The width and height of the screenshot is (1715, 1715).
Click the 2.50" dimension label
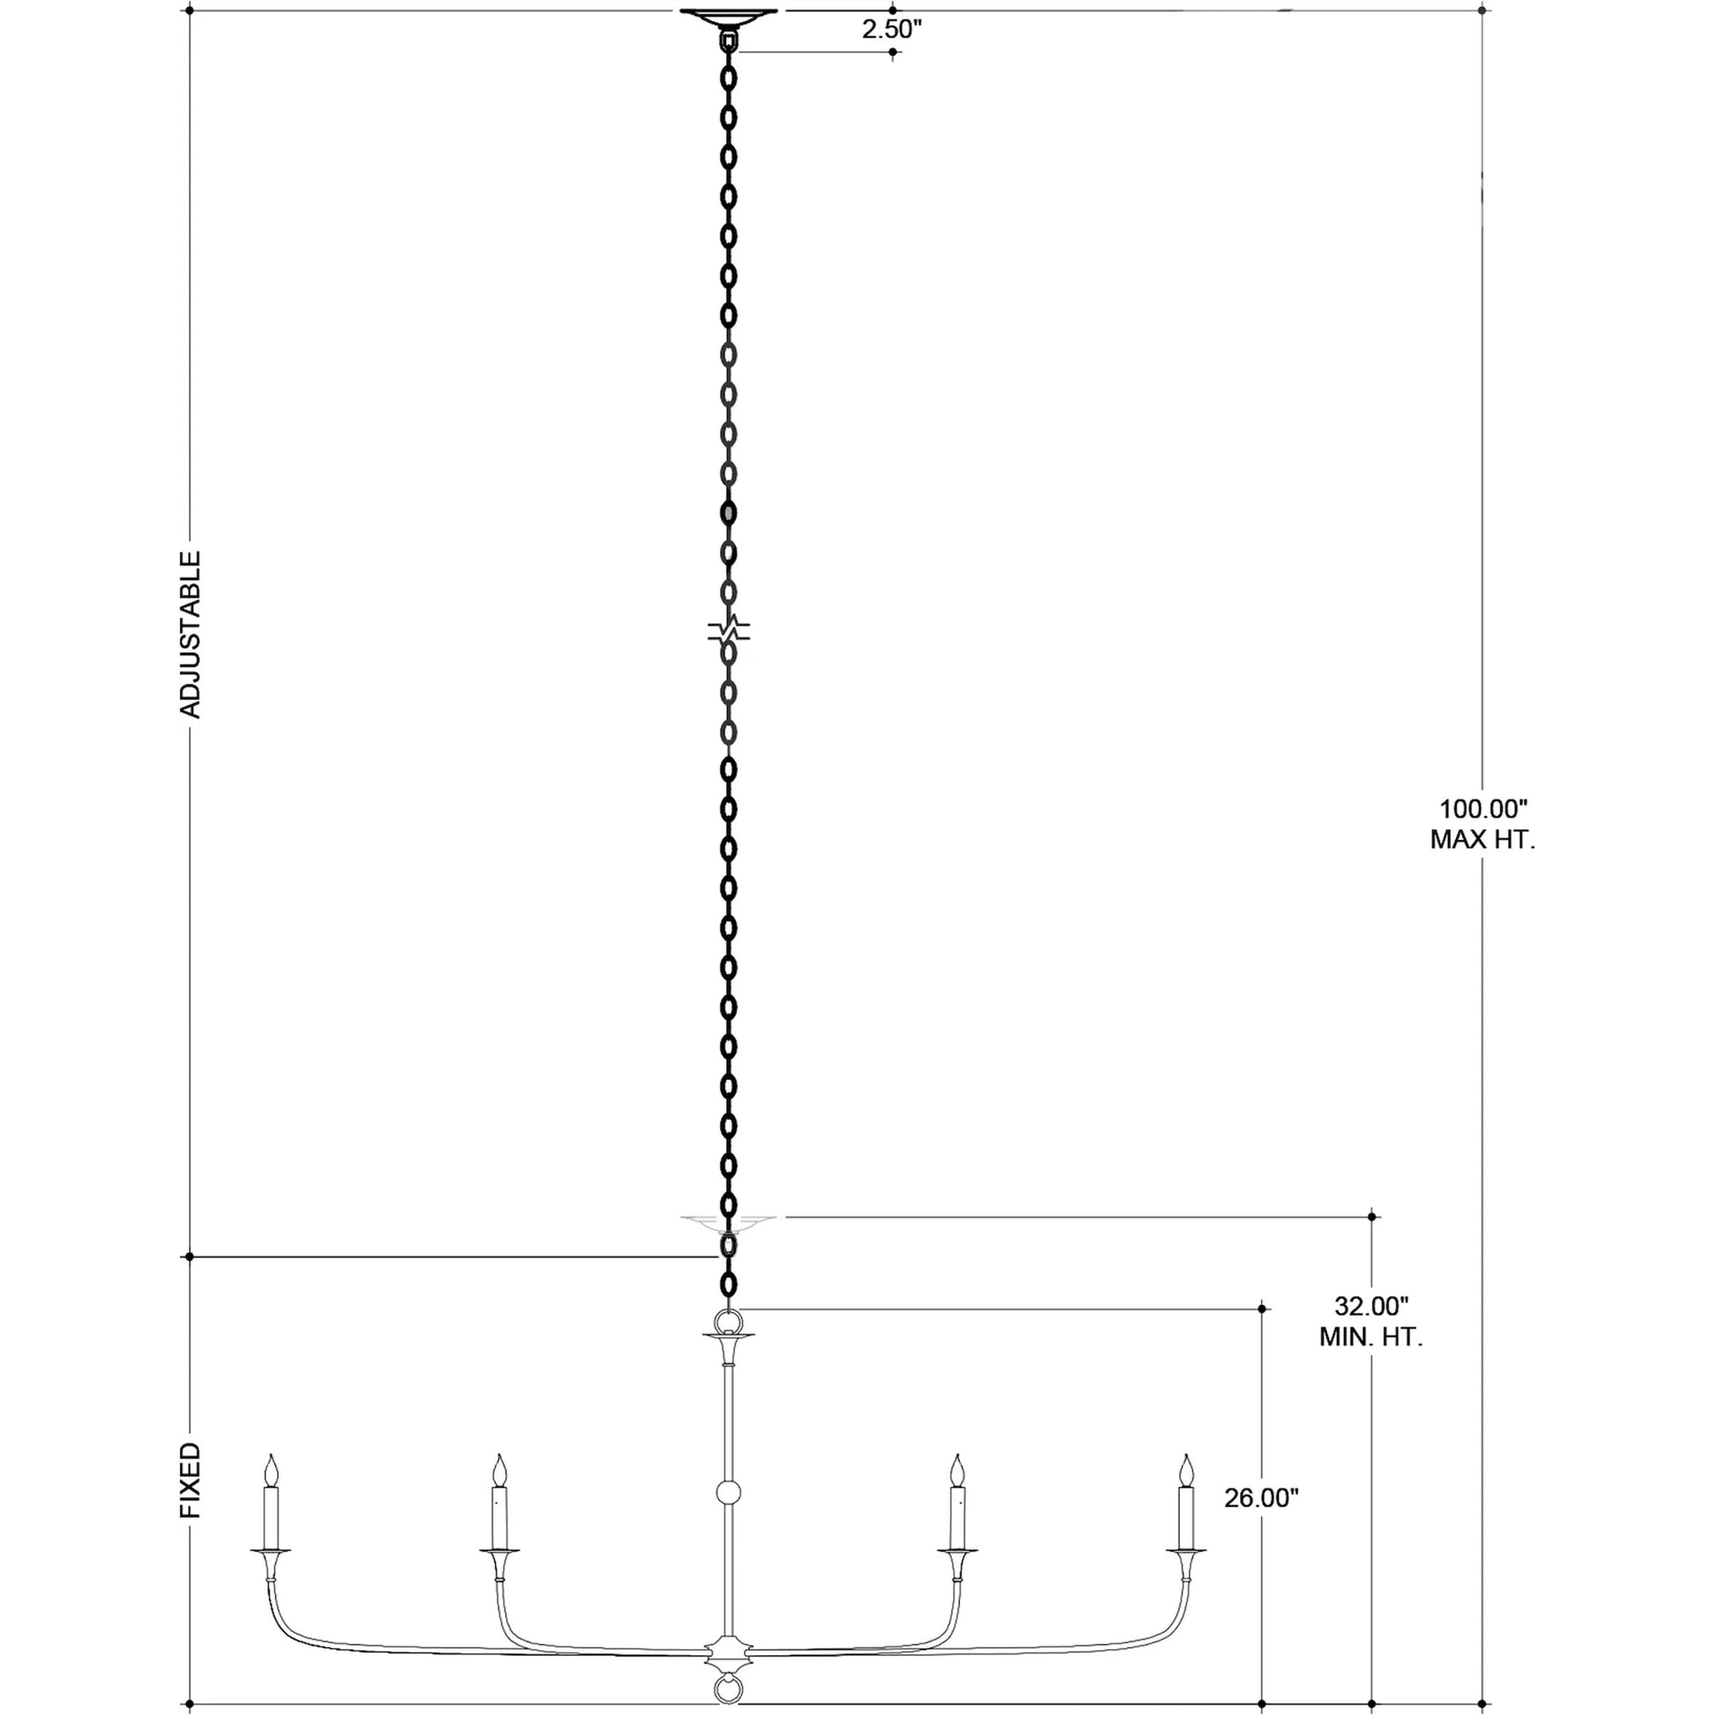(x=892, y=30)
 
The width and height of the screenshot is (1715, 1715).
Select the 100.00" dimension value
(x=1482, y=810)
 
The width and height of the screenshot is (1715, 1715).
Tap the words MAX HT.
(x=1482, y=840)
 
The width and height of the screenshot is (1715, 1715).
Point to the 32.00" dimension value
(x=1371, y=1331)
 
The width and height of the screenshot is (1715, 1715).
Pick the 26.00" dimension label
(x=1261, y=1498)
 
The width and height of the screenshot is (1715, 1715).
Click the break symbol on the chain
(x=729, y=631)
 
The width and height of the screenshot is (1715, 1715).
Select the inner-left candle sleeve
(x=501, y=1517)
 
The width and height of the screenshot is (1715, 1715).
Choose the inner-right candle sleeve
(x=958, y=1517)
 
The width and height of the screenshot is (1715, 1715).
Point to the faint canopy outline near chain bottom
(x=729, y=1221)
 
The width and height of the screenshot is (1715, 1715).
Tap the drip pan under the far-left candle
(x=271, y=1551)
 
